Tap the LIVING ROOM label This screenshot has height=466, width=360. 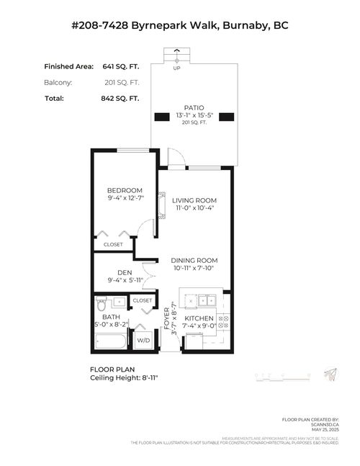coord(194,200)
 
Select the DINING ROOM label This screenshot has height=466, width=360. coord(194,260)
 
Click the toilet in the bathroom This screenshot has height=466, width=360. coord(101,303)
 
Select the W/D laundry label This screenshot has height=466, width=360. coord(143,339)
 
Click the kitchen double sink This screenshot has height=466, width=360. coord(199,300)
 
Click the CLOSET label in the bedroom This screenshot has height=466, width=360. coord(113,244)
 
